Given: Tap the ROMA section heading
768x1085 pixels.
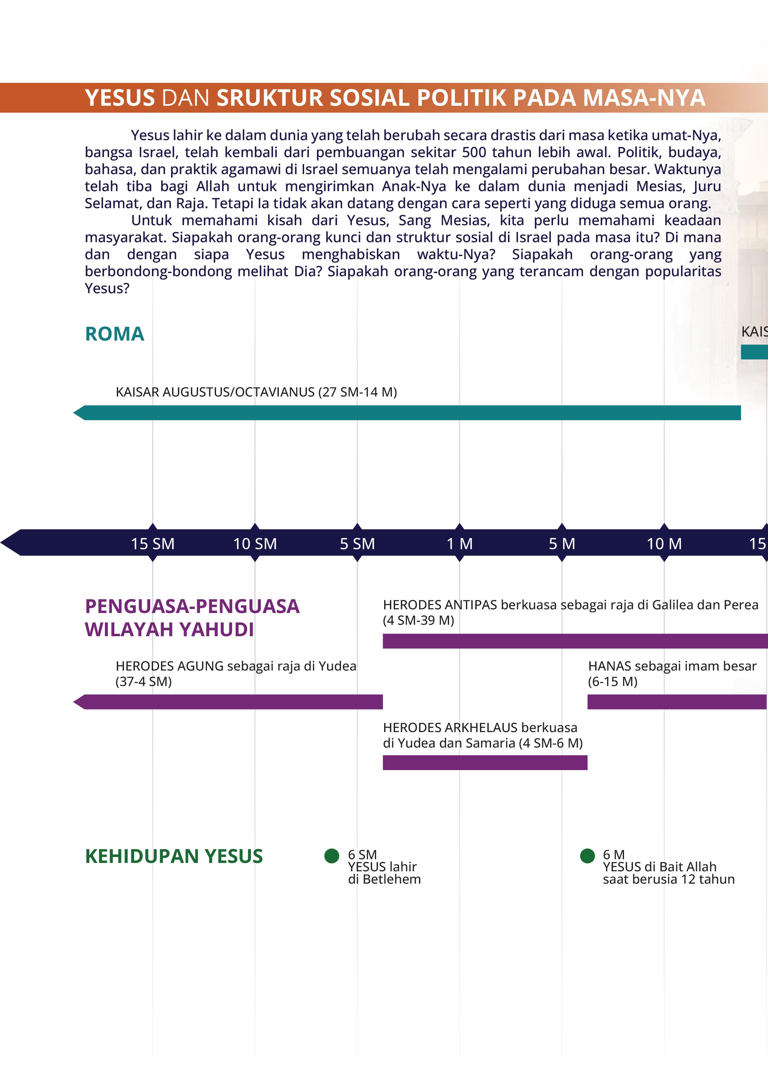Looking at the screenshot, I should click(x=114, y=334).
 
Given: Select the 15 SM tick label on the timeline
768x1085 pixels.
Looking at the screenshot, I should click(x=152, y=544).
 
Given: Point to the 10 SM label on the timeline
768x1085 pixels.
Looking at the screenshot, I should click(x=255, y=544).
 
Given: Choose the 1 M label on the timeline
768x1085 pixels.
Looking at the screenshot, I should click(x=460, y=544).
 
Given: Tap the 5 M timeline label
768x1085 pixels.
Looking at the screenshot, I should click(x=562, y=544).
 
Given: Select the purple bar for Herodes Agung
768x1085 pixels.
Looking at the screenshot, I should click(x=232, y=702).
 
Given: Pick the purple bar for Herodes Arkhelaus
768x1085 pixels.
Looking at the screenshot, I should click(x=485, y=763).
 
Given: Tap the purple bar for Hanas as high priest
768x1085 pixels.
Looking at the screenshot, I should click(x=676, y=702).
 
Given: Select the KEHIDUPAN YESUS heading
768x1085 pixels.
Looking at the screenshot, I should click(x=174, y=856).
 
